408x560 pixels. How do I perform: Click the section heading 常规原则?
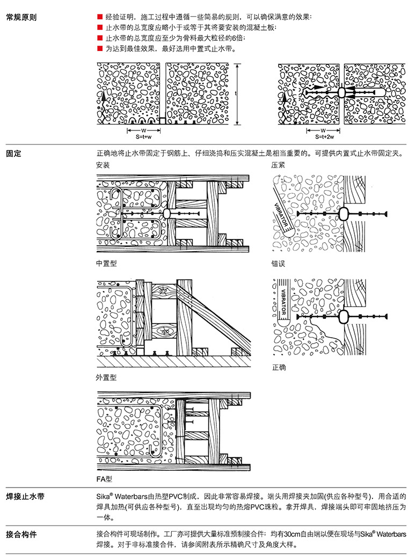pos(21,17)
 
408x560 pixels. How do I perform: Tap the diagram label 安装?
pos(103,165)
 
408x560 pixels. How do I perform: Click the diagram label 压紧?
pos(278,165)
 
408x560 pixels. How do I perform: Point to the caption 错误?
pos(278,264)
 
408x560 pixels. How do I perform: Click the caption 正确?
pos(278,368)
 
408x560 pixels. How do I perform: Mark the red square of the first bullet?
pos(99,17)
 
